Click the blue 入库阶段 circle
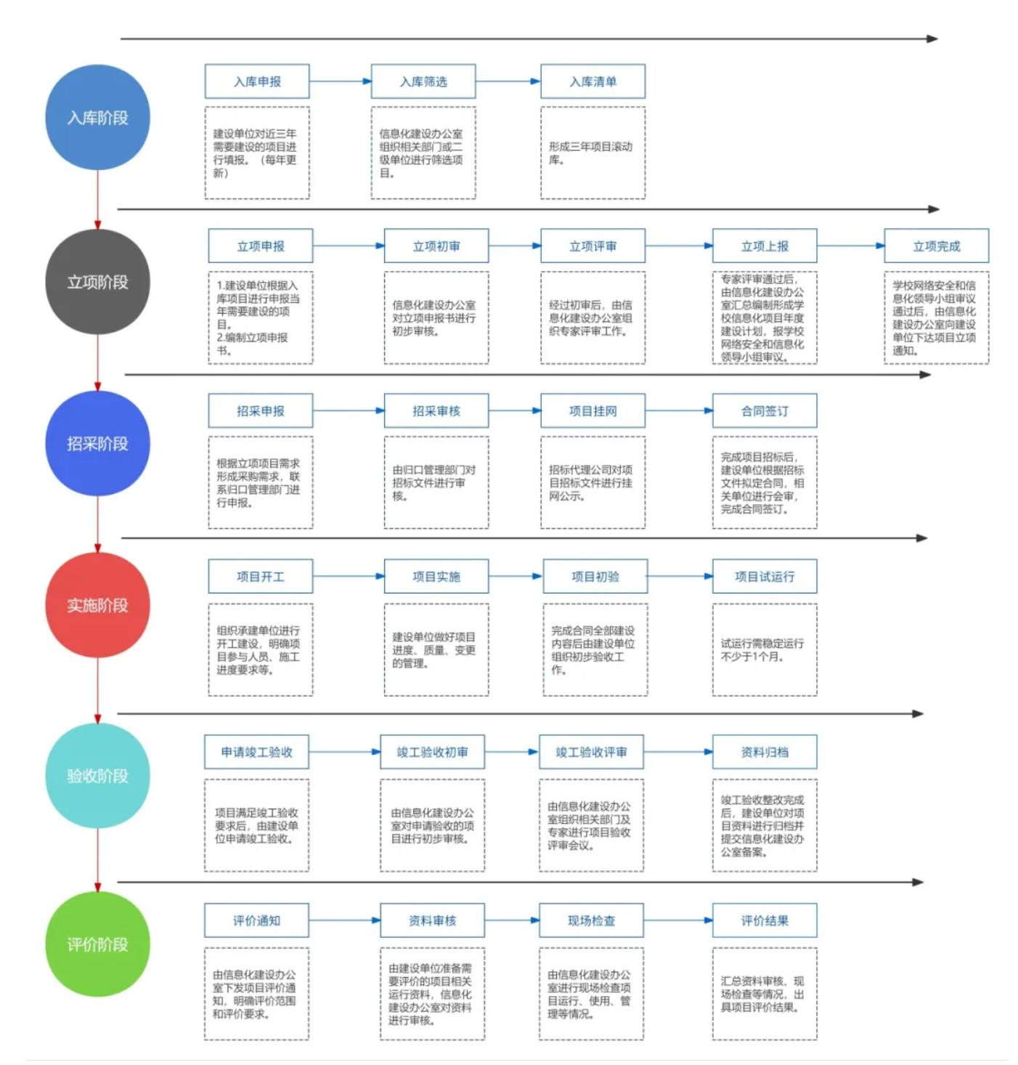(x=97, y=117)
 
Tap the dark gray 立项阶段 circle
(x=97, y=282)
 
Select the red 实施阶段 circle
(x=97, y=604)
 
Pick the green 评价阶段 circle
(x=97, y=944)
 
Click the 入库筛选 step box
(x=423, y=81)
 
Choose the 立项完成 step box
(x=936, y=246)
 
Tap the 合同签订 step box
(x=764, y=410)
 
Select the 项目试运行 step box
(x=764, y=576)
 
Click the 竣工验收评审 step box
(x=591, y=751)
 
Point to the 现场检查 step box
(x=591, y=920)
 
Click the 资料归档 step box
(x=764, y=751)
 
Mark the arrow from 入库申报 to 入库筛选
(x=341, y=81)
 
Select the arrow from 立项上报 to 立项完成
(x=850, y=246)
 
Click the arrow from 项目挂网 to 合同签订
(x=679, y=410)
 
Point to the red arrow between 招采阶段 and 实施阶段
(x=97, y=525)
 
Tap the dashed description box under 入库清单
(x=593, y=153)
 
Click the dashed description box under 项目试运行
(x=764, y=649)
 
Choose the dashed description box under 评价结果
(x=764, y=993)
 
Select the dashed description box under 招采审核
(x=436, y=482)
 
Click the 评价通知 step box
(x=256, y=920)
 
